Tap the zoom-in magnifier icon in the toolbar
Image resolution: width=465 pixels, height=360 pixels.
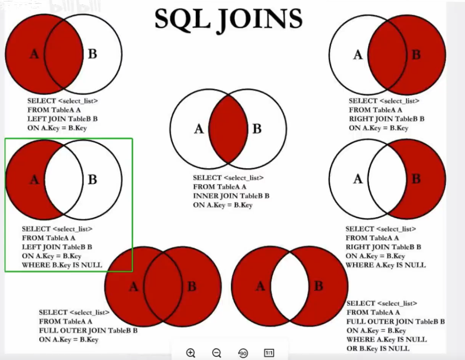click(x=191, y=353)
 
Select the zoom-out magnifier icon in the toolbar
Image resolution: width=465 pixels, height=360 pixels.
click(x=217, y=353)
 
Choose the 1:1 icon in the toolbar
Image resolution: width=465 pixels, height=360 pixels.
click(x=269, y=353)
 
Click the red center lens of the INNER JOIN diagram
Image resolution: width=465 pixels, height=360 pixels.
click(x=228, y=129)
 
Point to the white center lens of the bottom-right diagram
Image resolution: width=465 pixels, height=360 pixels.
click(x=290, y=286)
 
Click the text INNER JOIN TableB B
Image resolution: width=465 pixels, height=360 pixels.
click(x=231, y=196)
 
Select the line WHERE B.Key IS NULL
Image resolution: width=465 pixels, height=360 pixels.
click(x=62, y=265)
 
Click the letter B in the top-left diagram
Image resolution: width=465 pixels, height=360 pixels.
click(x=93, y=54)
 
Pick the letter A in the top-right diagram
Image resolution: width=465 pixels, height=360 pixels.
click(x=358, y=55)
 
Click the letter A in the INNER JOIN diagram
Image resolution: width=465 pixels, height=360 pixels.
click(x=199, y=129)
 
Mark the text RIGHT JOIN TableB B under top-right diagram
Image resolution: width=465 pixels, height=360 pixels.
click(x=387, y=119)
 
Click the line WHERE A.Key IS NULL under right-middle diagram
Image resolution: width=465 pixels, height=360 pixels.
click(x=385, y=265)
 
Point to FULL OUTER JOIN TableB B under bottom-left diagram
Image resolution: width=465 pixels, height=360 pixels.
click(x=88, y=330)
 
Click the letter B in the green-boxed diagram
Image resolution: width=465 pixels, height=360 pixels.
click(x=93, y=179)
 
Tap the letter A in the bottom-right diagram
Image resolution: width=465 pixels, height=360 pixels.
click(x=260, y=286)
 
